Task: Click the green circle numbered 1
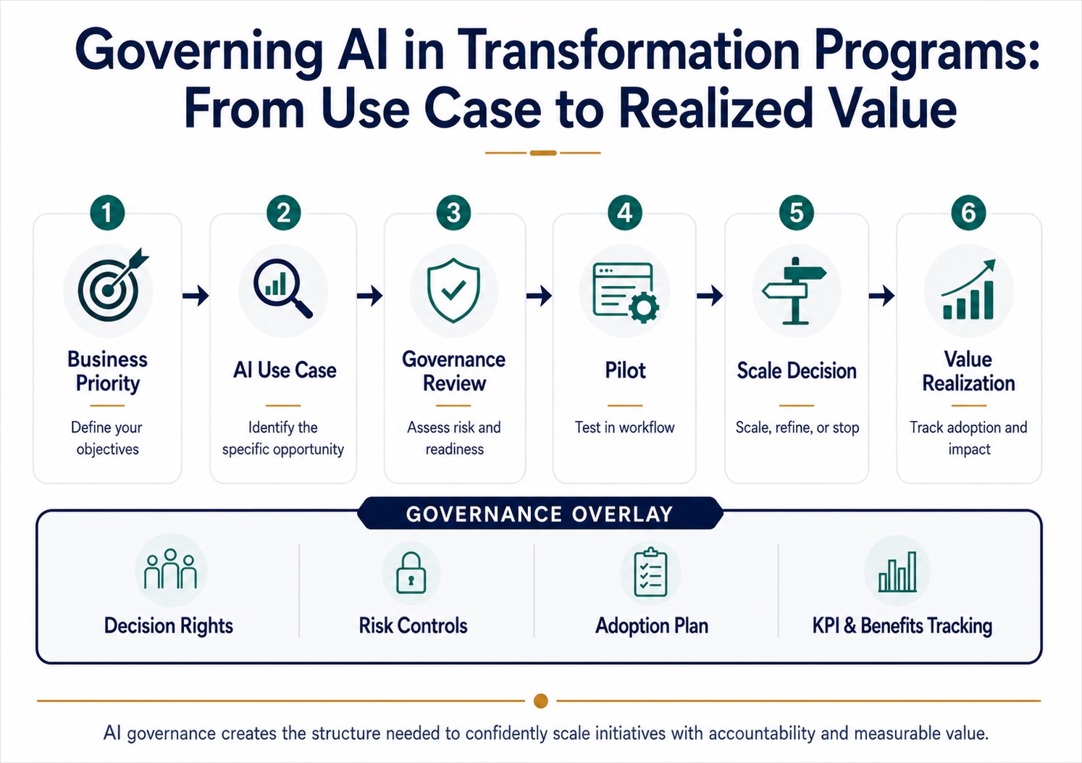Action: click(x=107, y=212)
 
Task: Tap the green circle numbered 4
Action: click(x=624, y=212)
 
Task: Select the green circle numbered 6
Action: click(x=968, y=212)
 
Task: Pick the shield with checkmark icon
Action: click(x=453, y=291)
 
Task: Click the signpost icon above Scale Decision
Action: click(x=794, y=291)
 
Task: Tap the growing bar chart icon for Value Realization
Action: click(x=968, y=289)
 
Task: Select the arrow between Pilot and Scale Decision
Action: click(x=710, y=295)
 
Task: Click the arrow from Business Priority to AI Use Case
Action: click(x=196, y=295)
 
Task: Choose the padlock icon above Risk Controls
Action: click(x=411, y=572)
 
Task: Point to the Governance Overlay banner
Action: click(x=540, y=514)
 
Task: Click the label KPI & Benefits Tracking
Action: click(x=902, y=626)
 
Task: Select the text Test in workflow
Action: click(x=624, y=428)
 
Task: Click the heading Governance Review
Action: click(x=453, y=371)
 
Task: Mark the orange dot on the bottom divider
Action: click(x=540, y=701)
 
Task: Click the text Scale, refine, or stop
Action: click(x=797, y=428)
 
